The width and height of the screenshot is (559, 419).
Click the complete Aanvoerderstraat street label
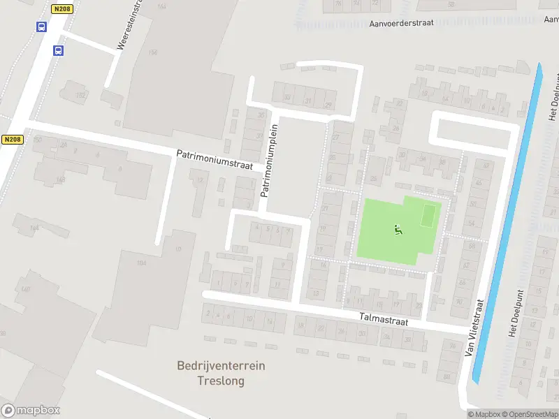401,22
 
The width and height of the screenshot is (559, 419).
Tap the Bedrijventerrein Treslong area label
221,374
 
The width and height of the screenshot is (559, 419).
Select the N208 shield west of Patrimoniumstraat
12,140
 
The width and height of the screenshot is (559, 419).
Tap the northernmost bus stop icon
42,28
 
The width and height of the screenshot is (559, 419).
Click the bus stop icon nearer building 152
59,50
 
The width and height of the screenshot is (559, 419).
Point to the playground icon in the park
398,229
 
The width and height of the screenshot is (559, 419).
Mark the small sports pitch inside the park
429,216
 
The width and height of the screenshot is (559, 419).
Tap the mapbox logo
31,411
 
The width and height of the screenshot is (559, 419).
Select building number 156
153,52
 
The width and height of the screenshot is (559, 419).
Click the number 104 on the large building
142,263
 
